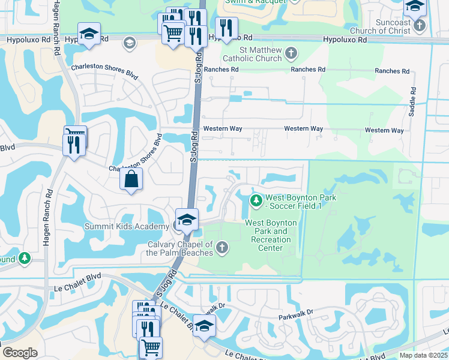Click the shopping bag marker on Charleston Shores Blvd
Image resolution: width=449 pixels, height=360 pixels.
coord(131,179)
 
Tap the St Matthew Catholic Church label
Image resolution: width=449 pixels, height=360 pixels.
coord(252,54)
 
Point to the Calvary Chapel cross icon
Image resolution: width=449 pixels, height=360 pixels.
coord(222,247)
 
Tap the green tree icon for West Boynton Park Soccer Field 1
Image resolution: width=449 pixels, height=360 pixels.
coord(256,200)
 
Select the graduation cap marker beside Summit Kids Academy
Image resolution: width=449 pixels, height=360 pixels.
coord(187,220)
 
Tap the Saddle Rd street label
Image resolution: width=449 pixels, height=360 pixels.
coord(412,104)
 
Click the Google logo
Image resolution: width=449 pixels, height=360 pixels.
coord(20,353)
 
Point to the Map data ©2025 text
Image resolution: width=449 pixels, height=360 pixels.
coord(423,355)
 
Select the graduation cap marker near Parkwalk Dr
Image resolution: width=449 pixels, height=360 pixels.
coord(204,325)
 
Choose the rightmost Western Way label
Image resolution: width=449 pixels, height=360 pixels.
coord(384,130)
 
